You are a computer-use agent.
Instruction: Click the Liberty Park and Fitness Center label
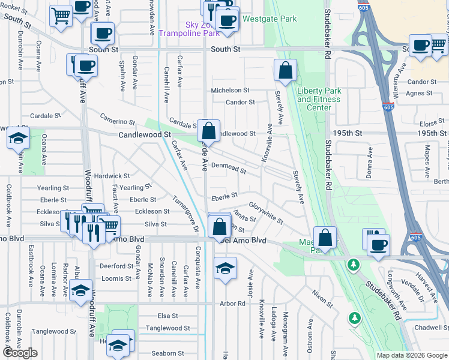(x=319, y=99)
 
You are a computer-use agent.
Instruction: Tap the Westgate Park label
(x=269, y=19)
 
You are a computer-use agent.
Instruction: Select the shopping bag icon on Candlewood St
(x=208, y=131)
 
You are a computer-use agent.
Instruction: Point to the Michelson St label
(x=229, y=91)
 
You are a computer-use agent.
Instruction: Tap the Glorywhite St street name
(x=266, y=212)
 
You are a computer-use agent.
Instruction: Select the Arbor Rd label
(x=233, y=304)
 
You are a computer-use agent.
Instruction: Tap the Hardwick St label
(x=112, y=176)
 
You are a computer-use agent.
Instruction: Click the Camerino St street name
(x=118, y=120)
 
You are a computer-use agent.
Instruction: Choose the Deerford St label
(x=116, y=266)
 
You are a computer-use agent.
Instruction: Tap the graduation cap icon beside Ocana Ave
(x=19, y=139)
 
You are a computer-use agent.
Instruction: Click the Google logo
(x=20, y=353)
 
